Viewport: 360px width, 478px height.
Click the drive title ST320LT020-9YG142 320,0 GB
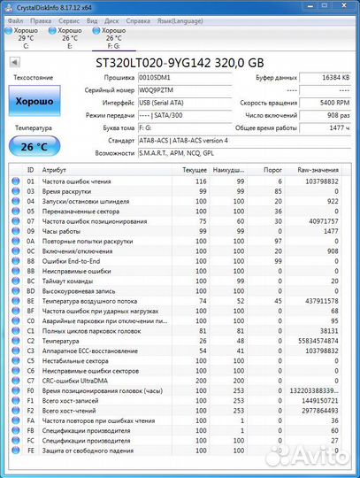tap(180, 63)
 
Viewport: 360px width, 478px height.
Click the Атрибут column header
tap(54, 169)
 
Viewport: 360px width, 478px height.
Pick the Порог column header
tap(273, 169)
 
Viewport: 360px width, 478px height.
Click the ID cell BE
tap(30, 300)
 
